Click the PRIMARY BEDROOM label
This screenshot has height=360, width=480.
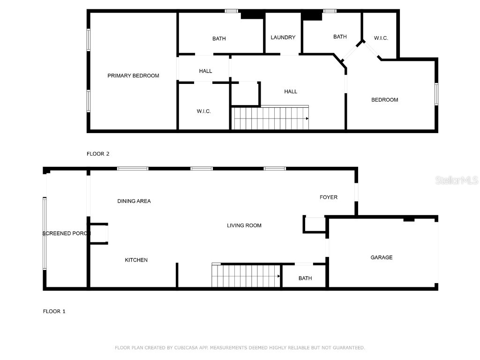pos(133,75)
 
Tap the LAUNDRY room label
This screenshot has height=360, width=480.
pos(283,37)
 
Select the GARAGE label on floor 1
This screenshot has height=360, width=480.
pos(382,257)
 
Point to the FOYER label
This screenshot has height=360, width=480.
pos(329,197)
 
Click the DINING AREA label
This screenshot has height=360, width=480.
pos(134,201)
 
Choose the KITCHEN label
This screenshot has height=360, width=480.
pos(136,260)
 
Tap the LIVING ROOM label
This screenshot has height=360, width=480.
pos(244,225)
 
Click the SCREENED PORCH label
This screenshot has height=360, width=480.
pos(66,233)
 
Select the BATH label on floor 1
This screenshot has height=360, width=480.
pos(305,278)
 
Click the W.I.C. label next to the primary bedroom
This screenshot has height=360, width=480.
pos(203,111)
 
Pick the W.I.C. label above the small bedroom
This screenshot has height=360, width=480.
pos(381,38)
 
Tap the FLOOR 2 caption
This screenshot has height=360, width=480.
pos(98,154)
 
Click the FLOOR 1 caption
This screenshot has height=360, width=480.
pos(54,311)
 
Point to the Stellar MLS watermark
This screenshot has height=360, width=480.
pos(457,180)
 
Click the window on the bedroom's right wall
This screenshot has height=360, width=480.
pos(436,93)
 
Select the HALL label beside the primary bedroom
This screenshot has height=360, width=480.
pos(205,71)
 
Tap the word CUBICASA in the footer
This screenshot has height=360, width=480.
pos(186,348)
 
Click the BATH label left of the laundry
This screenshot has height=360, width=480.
pos(219,38)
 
